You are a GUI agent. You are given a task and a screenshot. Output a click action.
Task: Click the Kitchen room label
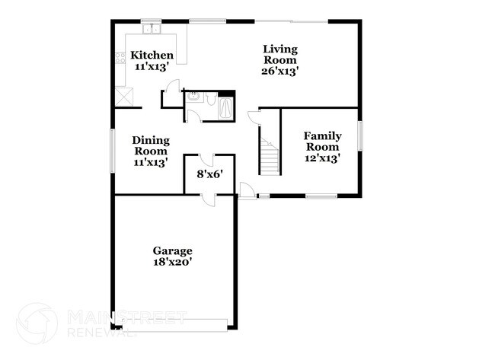tap(152, 56)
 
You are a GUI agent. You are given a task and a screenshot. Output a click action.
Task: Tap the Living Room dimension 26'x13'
tap(279, 72)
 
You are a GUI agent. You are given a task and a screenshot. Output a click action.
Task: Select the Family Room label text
tap(323, 141)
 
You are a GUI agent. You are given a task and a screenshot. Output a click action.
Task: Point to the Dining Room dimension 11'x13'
tap(150, 161)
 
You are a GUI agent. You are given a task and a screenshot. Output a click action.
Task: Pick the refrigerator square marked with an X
tap(123, 97)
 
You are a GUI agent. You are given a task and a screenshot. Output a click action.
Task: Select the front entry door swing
tap(247, 190)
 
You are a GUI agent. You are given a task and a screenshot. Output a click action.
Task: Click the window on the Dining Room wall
tap(113, 151)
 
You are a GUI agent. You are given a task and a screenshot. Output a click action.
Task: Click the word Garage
tap(172, 250)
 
